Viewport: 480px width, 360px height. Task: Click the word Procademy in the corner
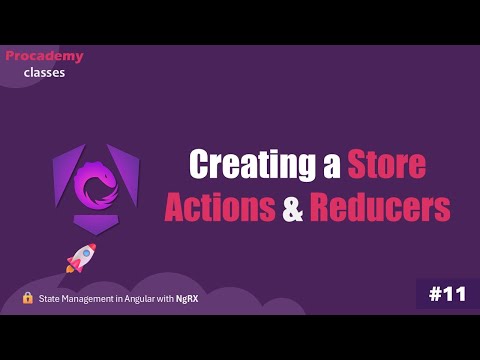45,56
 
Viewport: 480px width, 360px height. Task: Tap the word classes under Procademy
45,72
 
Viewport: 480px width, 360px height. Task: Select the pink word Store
386,164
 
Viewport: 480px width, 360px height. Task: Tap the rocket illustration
81,257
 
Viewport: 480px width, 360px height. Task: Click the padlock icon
28,298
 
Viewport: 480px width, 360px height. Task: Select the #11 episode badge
447,294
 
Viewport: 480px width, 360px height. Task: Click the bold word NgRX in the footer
185,299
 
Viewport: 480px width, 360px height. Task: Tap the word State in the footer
50,299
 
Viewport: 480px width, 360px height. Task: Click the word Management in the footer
87,299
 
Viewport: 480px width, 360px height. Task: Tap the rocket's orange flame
70,268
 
